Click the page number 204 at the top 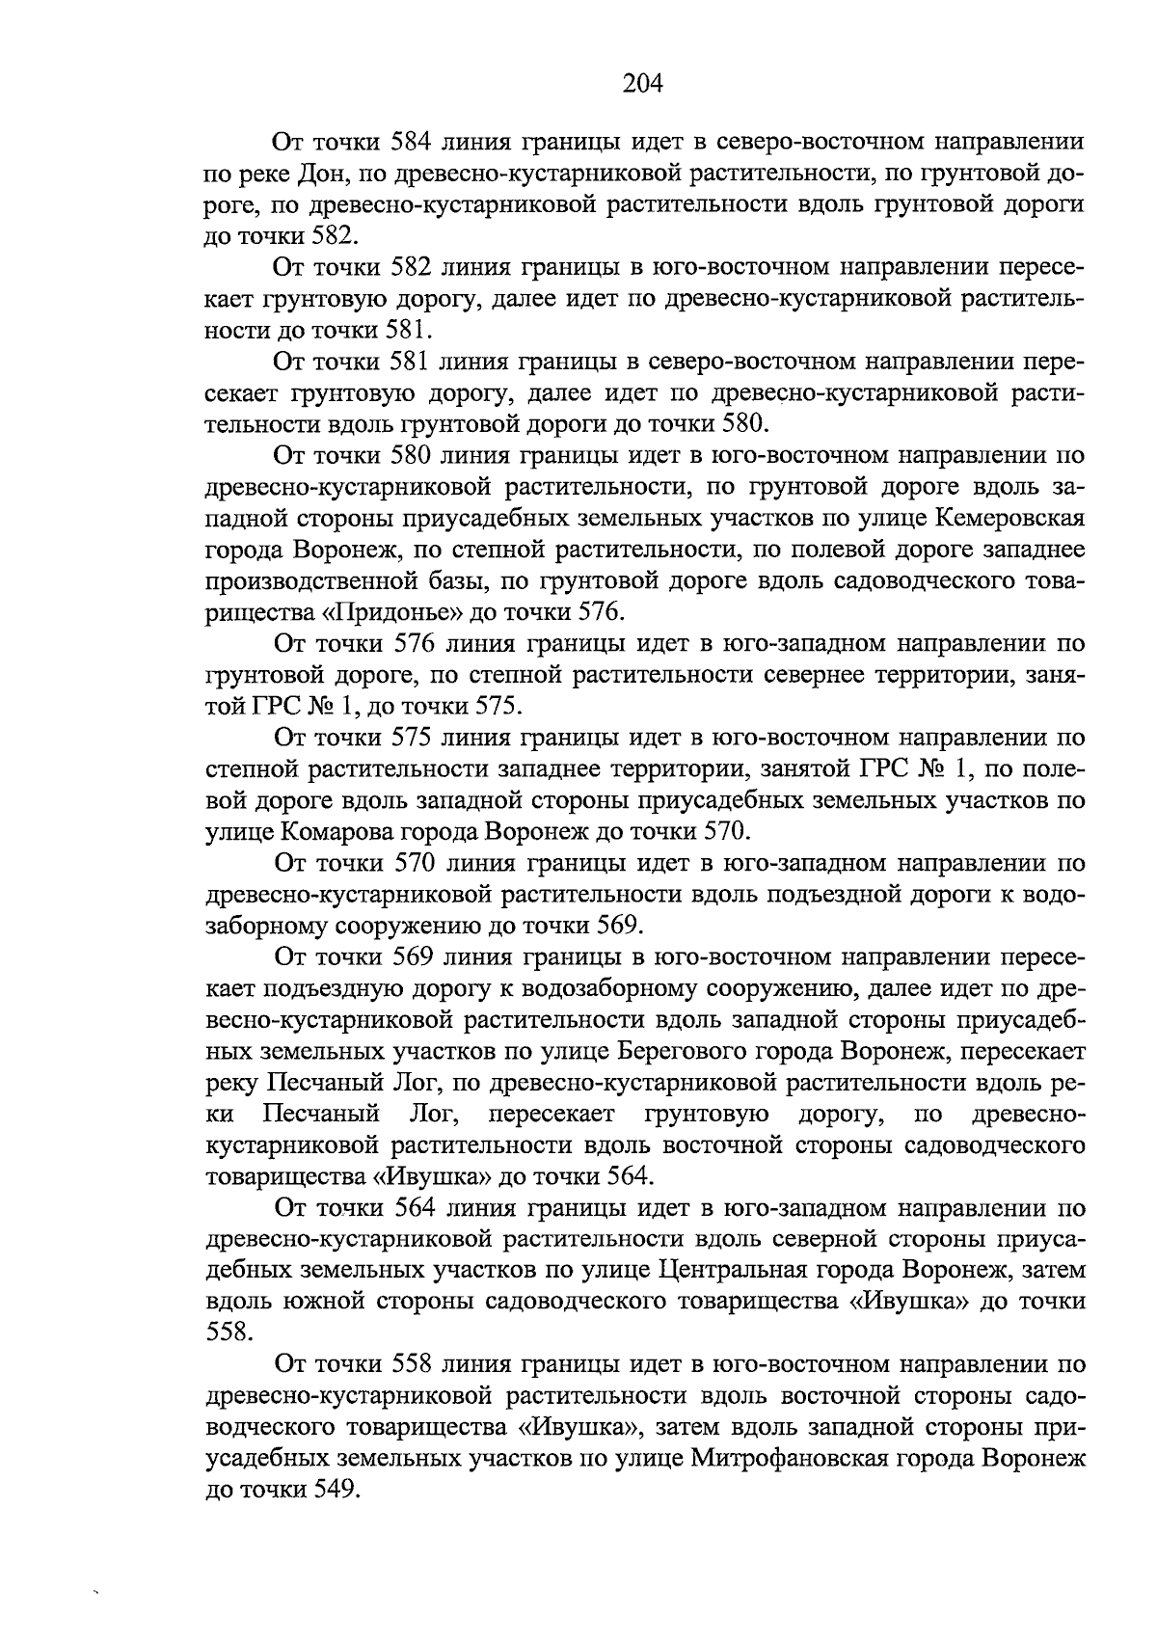pyautogui.click(x=643, y=84)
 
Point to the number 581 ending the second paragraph pyautogui.click(x=399, y=330)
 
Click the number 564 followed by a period pyautogui.click(x=630, y=1176)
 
